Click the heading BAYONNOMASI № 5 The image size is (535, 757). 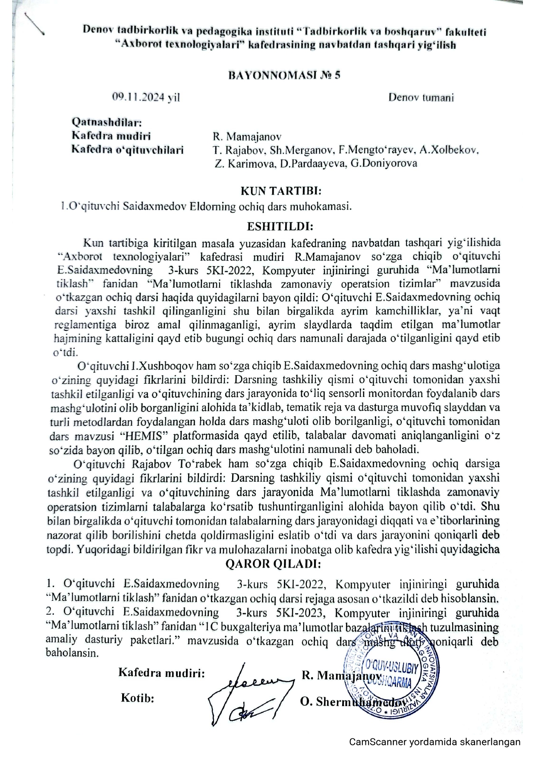(x=284, y=75)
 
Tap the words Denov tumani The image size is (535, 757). (x=421, y=97)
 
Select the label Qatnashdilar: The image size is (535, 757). (x=107, y=123)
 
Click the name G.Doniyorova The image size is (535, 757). (x=384, y=163)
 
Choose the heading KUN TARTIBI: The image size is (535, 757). (x=281, y=191)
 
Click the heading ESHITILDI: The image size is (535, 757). (x=280, y=226)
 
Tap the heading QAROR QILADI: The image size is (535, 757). (x=273, y=563)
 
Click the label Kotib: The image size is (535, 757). (x=138, y=698)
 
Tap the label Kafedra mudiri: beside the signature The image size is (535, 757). (x=161, y=673)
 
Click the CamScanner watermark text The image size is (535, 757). (x=434, y=742)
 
